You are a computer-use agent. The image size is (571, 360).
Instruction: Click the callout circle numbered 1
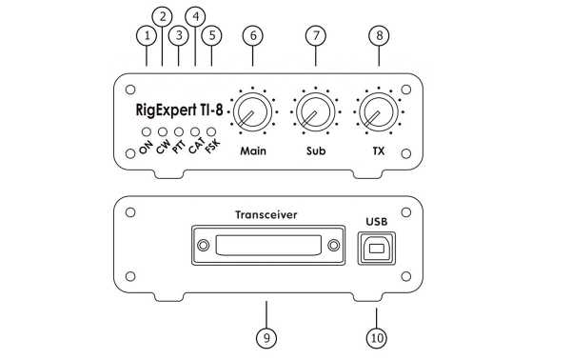tap(146, 35)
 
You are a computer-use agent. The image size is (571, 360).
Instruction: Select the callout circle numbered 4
tap(196, 16)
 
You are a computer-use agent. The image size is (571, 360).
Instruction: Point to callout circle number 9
tap(266, 336)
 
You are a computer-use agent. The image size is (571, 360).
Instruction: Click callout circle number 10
tap(376, 336)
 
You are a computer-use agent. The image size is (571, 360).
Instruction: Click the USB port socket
tap(376, 250)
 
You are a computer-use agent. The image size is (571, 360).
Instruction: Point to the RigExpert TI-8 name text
tap(177, 110)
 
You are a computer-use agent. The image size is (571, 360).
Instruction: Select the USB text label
tap(376, 224)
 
